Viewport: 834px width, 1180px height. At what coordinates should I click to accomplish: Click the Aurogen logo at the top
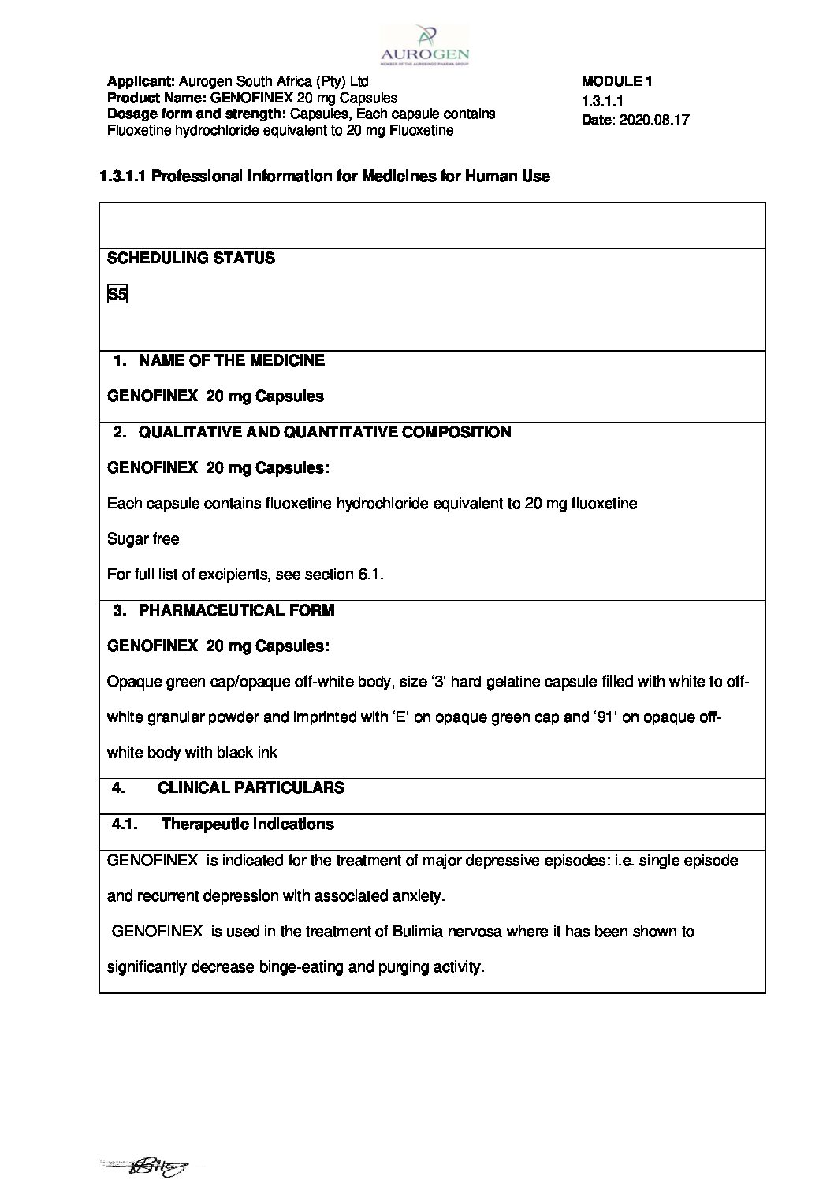[424, 43]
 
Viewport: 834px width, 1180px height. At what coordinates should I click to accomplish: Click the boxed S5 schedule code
[117, 295]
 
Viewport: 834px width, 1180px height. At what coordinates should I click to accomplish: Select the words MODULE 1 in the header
[616, 80]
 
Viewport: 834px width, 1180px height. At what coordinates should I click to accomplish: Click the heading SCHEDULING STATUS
[191, 259]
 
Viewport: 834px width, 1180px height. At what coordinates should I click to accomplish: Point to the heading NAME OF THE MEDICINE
[231, 360]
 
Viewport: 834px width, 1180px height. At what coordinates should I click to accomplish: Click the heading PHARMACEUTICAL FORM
[236, 610]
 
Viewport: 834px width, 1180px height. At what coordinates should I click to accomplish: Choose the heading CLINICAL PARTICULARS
[251, 787]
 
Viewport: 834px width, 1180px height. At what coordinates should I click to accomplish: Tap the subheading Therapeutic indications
[247, 824]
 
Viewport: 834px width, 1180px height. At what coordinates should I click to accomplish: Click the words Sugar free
[143, 539]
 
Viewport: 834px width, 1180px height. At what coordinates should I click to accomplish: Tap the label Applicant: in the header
[141, 81]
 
